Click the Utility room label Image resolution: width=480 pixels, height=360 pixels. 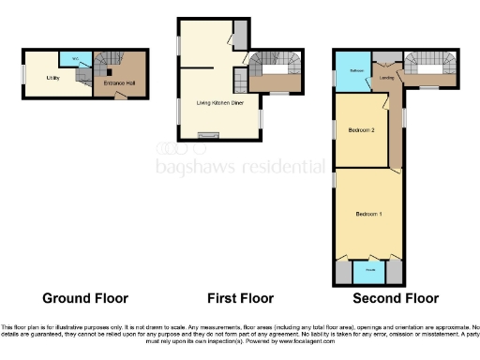pos(52,78)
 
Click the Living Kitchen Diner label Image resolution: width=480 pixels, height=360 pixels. pos(202,101)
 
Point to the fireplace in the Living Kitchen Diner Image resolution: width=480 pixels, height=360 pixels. pos(202,135)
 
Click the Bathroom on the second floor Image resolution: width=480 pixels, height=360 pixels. pos(356,71)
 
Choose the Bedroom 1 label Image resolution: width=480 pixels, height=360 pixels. pos(367,215)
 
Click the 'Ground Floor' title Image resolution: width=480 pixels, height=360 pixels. pos(85,299)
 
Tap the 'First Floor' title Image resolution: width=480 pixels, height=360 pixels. pos(240,299)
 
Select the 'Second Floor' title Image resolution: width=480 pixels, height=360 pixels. pos(396,299)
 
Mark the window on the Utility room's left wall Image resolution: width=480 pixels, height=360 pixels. pos(25,78)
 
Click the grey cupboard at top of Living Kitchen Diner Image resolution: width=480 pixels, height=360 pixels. pos(239,36)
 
